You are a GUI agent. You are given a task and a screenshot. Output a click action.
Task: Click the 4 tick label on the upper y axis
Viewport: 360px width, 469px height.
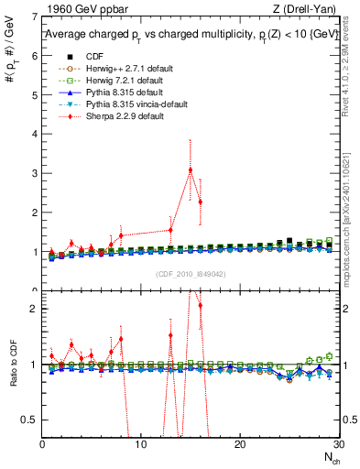[36, 135]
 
